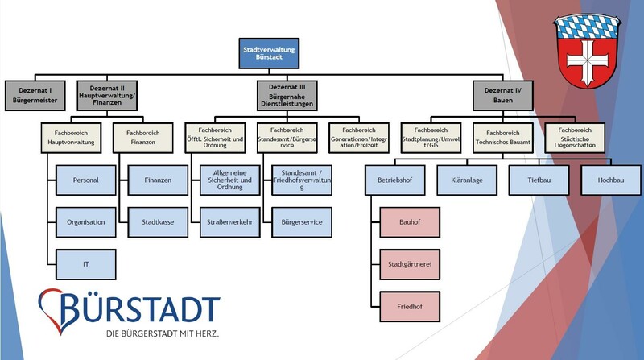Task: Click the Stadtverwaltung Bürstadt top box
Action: [x=269, y=53]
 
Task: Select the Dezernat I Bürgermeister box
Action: [x=35, y=95]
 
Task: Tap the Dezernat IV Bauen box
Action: [x=502, y=95]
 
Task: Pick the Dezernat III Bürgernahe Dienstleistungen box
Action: [x=287, y=95]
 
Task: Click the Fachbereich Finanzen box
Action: [x=143, y=138]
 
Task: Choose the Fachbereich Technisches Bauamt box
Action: [x=502, y=138]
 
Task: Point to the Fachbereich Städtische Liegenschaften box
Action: [x=575, y=138]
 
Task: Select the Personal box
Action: [x=86, y=180]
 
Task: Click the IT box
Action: [x=86, y=264]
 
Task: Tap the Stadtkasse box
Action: [x=158, y=222]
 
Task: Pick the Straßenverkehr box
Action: [x=230, y=222]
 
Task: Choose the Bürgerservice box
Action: [x=302, y=222]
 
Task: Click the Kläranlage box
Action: [x=467, y=180]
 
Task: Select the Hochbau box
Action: [x=611, y=180]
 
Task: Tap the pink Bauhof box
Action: [x=410, y=222]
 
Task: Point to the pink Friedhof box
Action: [x=410, y=307]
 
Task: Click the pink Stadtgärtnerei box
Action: [x=410, y=264]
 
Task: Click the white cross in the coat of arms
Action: [x=588, y=60]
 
